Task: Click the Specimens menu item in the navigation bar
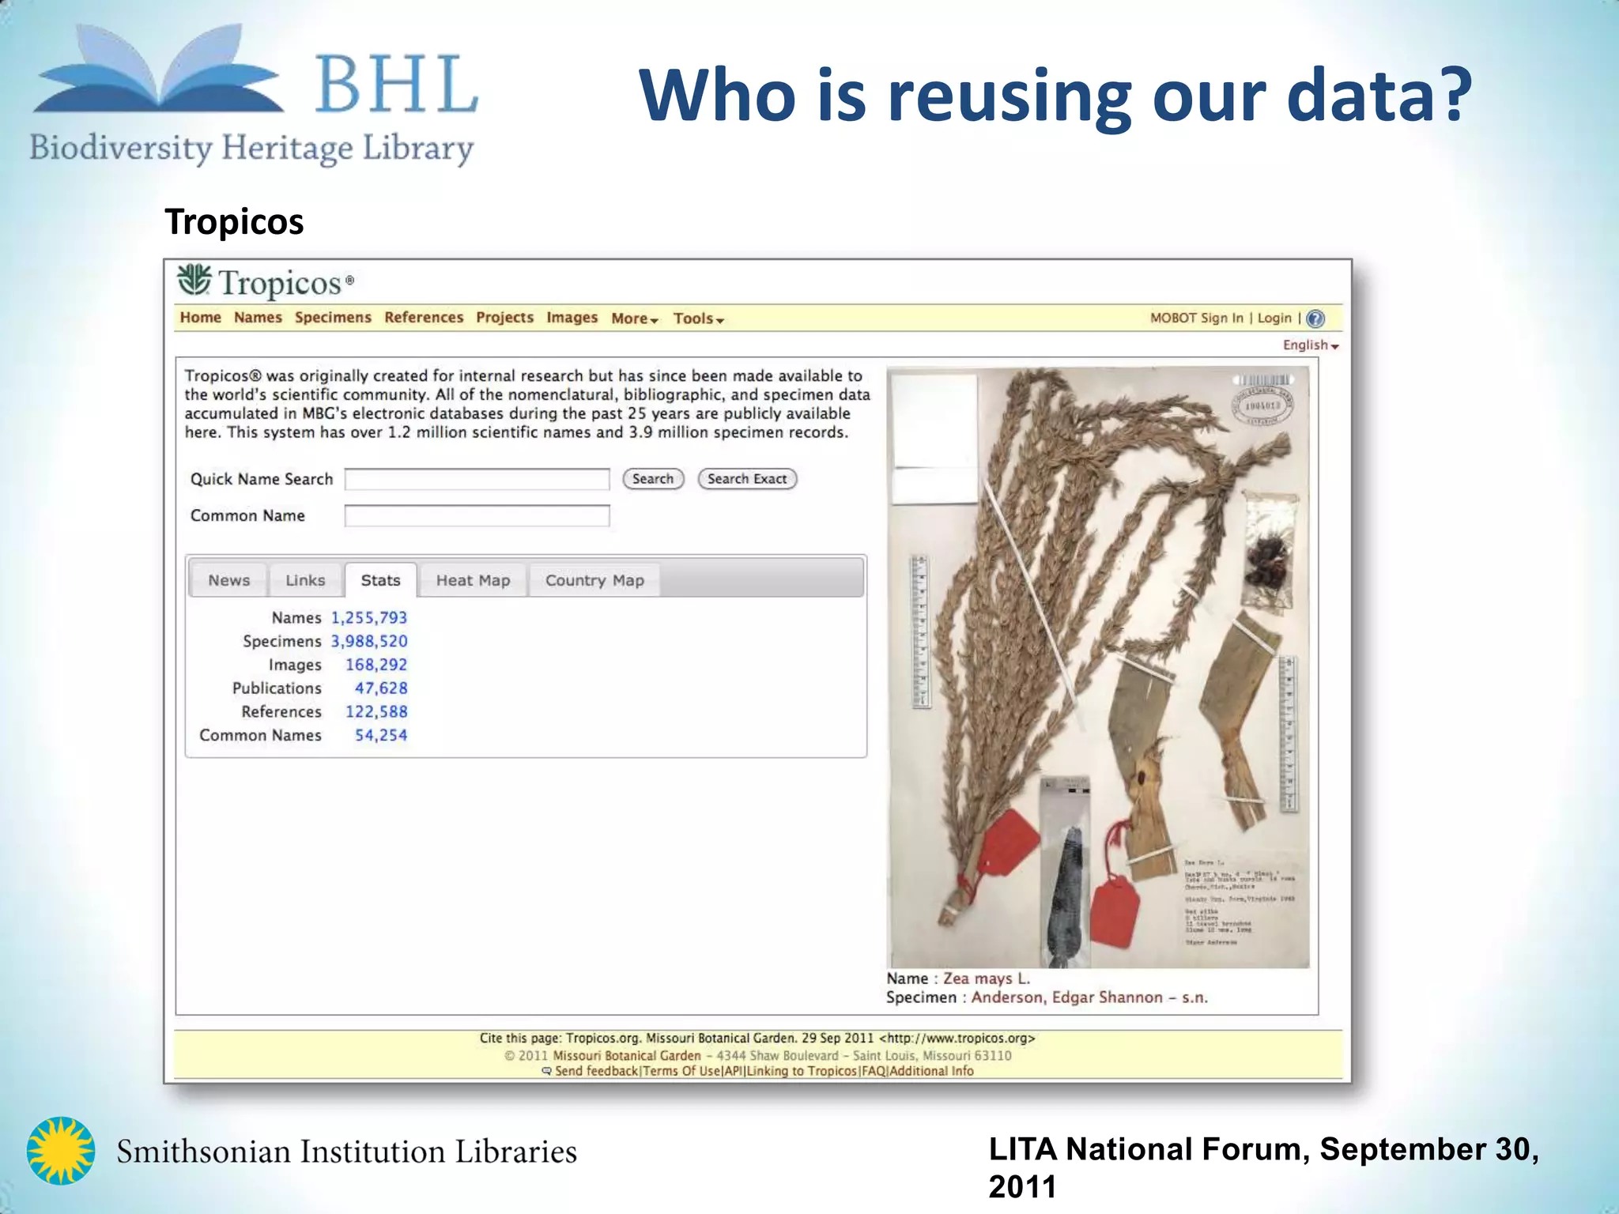coord(333,318)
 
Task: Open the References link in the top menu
coord(424,318)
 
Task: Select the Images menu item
coord(572,318)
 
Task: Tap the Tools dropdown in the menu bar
coord(698,319)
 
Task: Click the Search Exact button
coord(747,479)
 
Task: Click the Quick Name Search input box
coord(477,480)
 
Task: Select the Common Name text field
coord(477,516)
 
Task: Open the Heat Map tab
coord(473,581)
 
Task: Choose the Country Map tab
coord(594,581)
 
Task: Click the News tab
coord(228,581)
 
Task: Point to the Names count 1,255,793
coord(369,618)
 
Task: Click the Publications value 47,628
coord(381,688)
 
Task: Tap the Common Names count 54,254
coord(381,736)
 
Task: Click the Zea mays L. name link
coord(987,978)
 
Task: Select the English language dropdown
coord(1310,345)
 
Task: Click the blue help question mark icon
coord(1315,319)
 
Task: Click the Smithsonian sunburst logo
coord(61,1151)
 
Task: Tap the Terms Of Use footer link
coord(681,1071)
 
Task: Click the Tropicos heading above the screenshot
coord(234,222)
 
